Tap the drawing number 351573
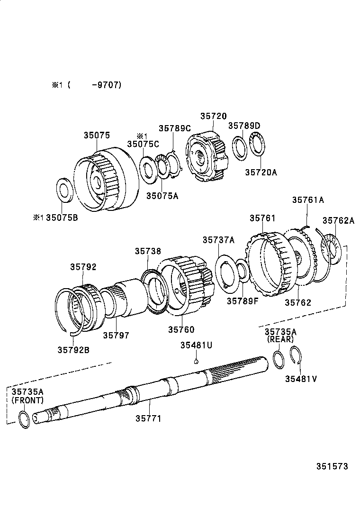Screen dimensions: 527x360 (x=332, y=466)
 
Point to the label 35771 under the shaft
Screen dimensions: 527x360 (x=148, y=418)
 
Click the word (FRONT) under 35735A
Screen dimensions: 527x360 (x=27, y=400)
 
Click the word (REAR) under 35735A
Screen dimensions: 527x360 (x=280, y=339)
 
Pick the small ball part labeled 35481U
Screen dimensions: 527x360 (x=196, y=362)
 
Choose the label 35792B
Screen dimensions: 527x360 (x=74, y=350)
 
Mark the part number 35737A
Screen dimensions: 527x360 (x=218, y=240)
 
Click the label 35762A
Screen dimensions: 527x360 (x=338, y=220)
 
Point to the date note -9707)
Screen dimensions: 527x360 (x=107, y=85)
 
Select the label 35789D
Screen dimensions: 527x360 (x=244, y=126)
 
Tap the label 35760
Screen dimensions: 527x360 (x=181, y=329)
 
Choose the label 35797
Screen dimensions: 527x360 (x=116, y=335)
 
